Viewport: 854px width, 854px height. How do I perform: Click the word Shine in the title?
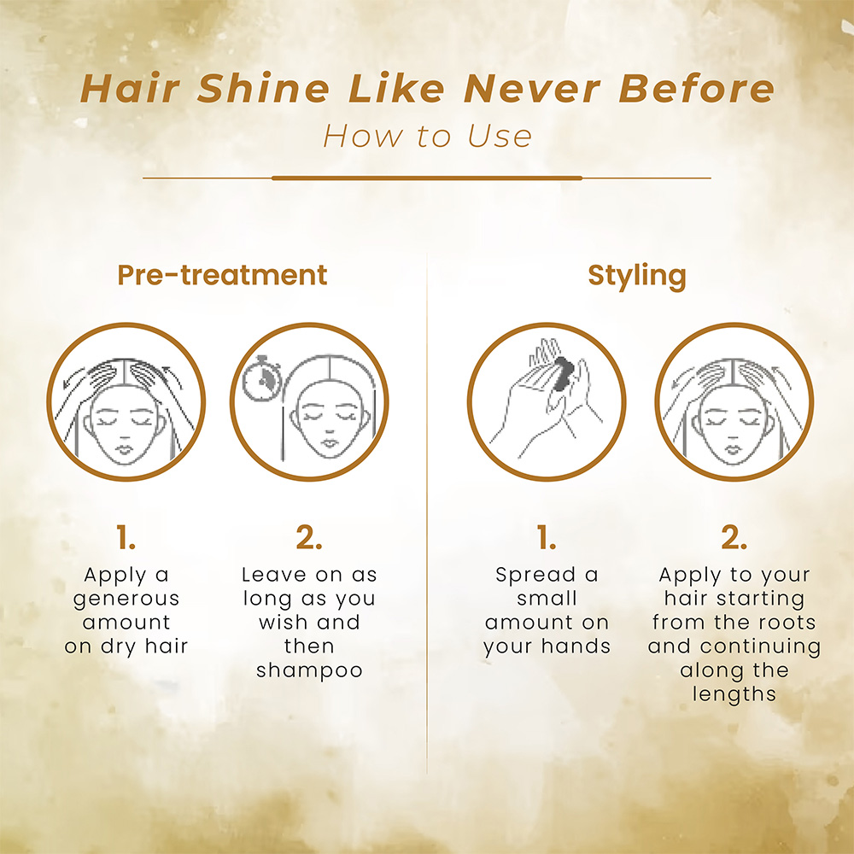pos(264,88)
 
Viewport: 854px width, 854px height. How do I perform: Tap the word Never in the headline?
pos(532,88)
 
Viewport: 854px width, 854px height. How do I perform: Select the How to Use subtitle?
pos(427,136)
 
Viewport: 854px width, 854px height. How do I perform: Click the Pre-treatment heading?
pos(222,275)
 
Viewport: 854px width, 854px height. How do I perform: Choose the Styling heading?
pos(637,276)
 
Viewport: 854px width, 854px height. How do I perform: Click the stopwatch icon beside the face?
pos(261,379)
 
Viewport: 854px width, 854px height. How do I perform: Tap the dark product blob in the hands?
pos(562,374)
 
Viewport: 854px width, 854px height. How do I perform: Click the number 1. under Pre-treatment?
pos(126,537)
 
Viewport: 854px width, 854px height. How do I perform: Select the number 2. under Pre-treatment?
pos(309,537)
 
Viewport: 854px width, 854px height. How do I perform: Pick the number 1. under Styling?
pos(547,537)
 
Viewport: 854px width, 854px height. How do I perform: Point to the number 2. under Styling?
pos(734,537)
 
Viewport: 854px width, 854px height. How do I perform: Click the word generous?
pos(126,600)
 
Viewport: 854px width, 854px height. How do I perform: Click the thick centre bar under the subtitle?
pos(427,178)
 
